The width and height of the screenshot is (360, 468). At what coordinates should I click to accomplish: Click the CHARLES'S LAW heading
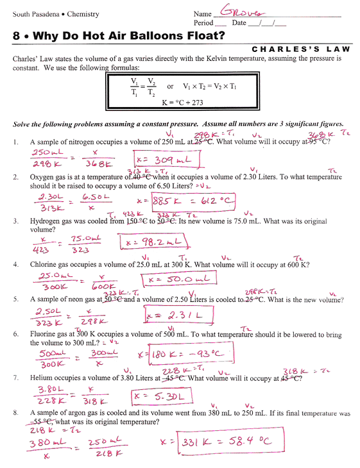tap(300, 49)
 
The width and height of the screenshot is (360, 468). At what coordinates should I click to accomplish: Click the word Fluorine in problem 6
tap(46, 334)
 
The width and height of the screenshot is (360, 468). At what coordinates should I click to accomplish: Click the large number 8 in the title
tap(17, 37)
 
